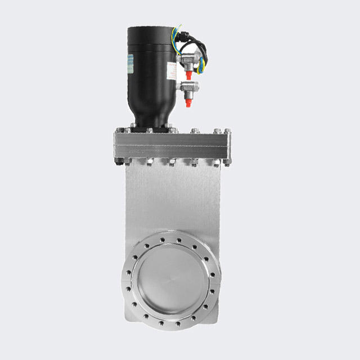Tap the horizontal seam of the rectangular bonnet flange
[x=172, y=147]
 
